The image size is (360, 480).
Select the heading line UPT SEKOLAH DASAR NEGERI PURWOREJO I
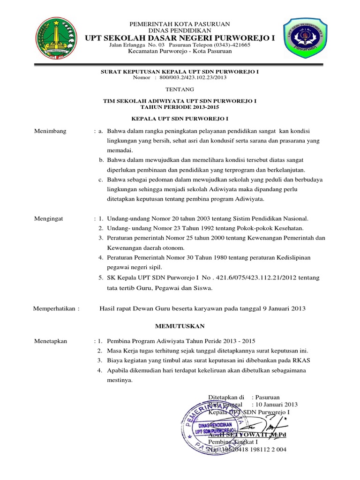(180, 37)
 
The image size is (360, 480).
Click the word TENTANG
(180, 89)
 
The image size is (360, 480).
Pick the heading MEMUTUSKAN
(180, 325)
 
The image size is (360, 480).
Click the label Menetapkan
(51, 341)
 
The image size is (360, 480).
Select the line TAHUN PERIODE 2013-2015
(180, 106)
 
